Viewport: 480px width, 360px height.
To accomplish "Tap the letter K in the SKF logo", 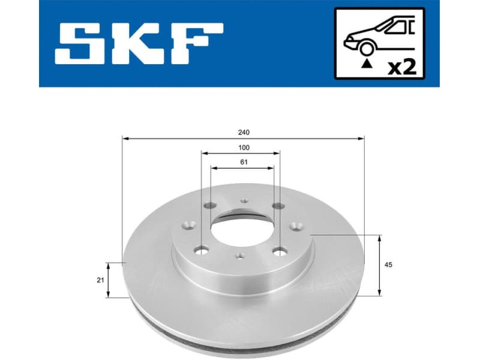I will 143,44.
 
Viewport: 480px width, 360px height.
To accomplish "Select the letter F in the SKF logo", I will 197,44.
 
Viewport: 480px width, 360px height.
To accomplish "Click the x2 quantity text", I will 401,67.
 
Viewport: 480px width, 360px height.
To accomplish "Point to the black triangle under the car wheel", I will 364,61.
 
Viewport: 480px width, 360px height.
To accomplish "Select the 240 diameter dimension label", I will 244,132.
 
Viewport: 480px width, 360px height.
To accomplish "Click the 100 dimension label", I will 244,147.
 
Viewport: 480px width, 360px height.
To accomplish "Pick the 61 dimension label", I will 244,162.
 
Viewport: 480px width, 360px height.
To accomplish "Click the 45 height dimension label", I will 389,265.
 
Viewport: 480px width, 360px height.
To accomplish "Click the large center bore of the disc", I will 242,230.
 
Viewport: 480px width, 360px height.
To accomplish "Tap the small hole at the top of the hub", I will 244,202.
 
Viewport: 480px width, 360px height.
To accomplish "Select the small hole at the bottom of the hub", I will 239,256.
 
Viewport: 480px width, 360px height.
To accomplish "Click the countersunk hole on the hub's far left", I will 188,226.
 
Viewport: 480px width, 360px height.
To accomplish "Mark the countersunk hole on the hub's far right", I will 296,226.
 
